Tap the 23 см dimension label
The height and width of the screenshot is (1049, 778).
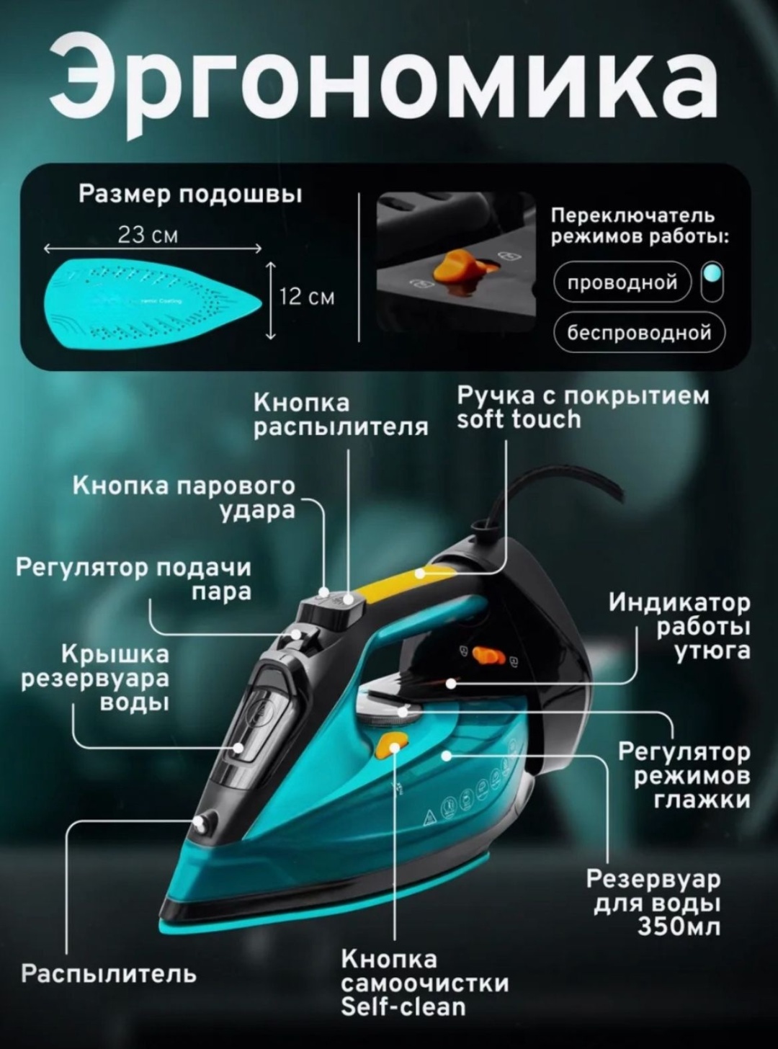148,235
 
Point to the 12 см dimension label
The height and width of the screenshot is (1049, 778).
306,298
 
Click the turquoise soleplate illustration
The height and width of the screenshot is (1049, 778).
153,302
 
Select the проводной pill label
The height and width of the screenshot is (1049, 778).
622,283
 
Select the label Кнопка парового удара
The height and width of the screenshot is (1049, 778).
184,499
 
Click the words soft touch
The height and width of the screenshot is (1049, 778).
519,419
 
